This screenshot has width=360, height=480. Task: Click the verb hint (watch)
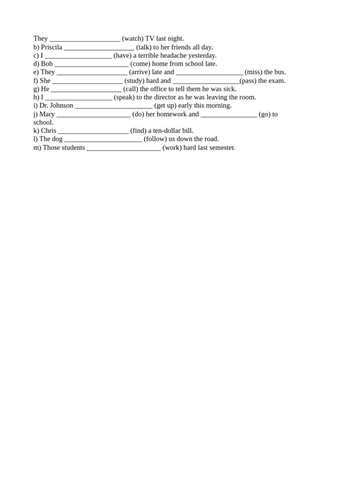(x=133, y=38)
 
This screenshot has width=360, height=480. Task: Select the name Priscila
(x=52, y=47)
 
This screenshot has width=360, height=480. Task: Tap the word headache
(x=171, y=55)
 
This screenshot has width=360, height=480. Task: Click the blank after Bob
(x=91, y=64)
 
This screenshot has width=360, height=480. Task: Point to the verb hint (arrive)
(x=140, y=72)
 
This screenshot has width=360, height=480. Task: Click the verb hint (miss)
(x=253, y=72)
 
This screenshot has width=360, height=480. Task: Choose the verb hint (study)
(x=135, y=81)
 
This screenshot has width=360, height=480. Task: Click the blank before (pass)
(x=206, y=81)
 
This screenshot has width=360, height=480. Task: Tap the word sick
(x=230, y=89)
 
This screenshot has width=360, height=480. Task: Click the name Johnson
(x=61, y=105)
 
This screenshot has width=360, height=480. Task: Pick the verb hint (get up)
(x=165, y=105)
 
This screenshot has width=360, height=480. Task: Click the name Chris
(x=48, y=131)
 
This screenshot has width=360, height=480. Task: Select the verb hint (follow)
(x=155, y=139)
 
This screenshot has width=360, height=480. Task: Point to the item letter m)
(x=37, y=148)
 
